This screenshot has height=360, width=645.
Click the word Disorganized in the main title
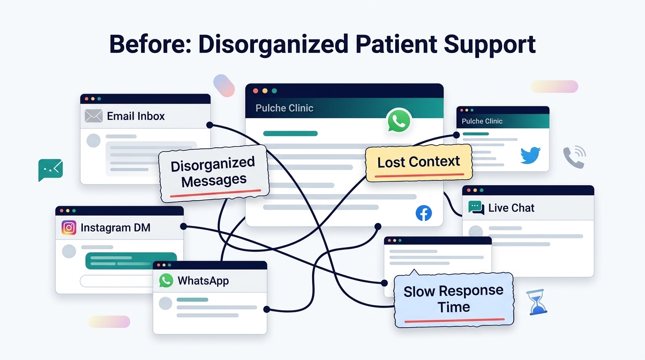[273, 44]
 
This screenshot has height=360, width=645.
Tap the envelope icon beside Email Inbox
[94, 116]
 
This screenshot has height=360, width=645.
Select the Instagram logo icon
[69, 227]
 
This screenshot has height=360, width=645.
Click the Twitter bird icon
[531, 155]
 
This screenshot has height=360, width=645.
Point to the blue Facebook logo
[424, 213]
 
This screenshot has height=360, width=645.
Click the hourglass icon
[537, 302]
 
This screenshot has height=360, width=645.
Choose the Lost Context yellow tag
[419, 163]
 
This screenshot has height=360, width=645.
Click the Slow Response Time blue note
[454, 300]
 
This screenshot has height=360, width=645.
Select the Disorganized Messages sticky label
[214, 173]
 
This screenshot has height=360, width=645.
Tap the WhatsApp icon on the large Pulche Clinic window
[399, 120]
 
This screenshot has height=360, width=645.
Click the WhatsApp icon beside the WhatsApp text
[166, 280]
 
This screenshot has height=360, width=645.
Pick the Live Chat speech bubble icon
[476, 208]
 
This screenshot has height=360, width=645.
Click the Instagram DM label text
[115, 227]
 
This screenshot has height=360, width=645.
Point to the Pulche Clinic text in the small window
[482, 121]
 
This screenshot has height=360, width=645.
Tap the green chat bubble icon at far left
[51, 170]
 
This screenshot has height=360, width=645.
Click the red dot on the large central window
[255, 91]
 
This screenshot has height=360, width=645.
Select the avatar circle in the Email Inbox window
[93, 141]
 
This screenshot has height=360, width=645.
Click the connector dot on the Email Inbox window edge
[210, 125]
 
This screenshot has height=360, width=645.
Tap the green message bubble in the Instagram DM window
[131, 261]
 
